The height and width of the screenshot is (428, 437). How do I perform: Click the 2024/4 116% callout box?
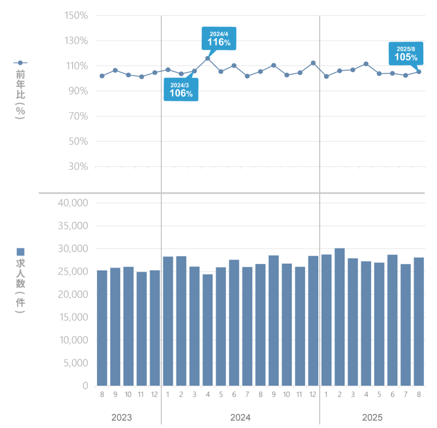click(219, 38)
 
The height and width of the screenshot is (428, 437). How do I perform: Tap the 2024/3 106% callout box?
click(181, 89)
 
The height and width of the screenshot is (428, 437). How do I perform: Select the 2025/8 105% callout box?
click(406, 53)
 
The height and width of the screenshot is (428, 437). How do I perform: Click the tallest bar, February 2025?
click(339, 317)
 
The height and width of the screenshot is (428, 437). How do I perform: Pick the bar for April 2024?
click(208, 330)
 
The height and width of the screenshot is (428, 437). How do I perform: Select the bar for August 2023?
click(102, 328)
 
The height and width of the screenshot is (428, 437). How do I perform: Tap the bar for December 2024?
click(313, 321)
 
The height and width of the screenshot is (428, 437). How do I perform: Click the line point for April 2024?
click(208, 58)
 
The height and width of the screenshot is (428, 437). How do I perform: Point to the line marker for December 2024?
click(313, 63)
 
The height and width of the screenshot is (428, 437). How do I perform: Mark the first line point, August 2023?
click(102, 76)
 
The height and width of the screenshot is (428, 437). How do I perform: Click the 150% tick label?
click(76, 16)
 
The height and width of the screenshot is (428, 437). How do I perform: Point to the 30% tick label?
click(79, 167)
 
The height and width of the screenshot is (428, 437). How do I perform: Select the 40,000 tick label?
click(73, 203)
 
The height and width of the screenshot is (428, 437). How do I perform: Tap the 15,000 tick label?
click(73, 317)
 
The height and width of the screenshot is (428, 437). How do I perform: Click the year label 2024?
click(240, 417)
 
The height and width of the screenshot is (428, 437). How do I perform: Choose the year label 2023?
click(122, 417)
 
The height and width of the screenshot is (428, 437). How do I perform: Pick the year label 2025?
click(372, 417)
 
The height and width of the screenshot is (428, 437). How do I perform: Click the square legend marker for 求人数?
click(20, 252)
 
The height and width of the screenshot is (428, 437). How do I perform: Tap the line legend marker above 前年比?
click(20, 63)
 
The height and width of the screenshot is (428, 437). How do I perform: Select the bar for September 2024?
click(274, 320)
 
